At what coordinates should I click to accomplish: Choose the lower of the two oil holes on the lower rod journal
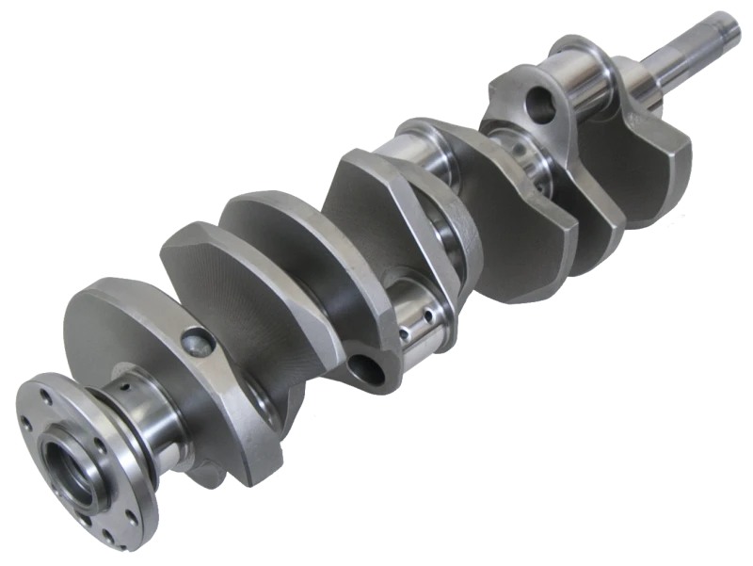tap(407, 332)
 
